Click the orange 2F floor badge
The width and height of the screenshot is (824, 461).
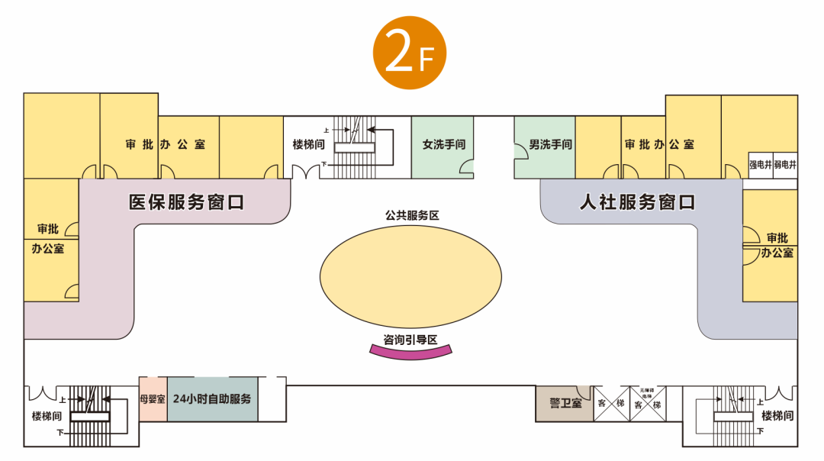pyautogui.click(x=409, y=53)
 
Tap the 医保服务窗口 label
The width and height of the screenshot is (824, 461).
pyautogui.click(x=186, y=202)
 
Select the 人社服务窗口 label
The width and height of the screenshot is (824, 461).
pyautogui.click(x=636, y=202)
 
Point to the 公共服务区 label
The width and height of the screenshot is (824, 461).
pyautogui.click(x=411, y=215)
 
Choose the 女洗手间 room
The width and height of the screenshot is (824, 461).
pyautogui.click(x=443, y=145)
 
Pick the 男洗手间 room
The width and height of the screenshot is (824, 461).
pyautogui.click(x=545, y=145)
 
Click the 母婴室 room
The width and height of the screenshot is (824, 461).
pyautogui.click(x=153, y=398)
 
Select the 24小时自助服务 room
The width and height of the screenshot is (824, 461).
pyautogui.click(x=212, y=398)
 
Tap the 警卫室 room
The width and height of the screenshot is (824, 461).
pyautogui.click(x=565, y=403)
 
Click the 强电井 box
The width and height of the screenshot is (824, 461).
pyautogui.click(x=760, y=165)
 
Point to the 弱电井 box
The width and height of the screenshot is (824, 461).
pyautogui.click(x=785, y=165)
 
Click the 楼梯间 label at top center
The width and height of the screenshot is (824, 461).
pyautogui.click(x=310, y=144)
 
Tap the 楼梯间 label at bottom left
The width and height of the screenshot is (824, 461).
pyautogui.click(x=48, y=416)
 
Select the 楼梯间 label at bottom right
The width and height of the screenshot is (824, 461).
pyautogui.click(x=777, y=416)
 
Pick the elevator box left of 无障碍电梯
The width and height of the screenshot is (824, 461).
pyautogui.click(x=611, y=403)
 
